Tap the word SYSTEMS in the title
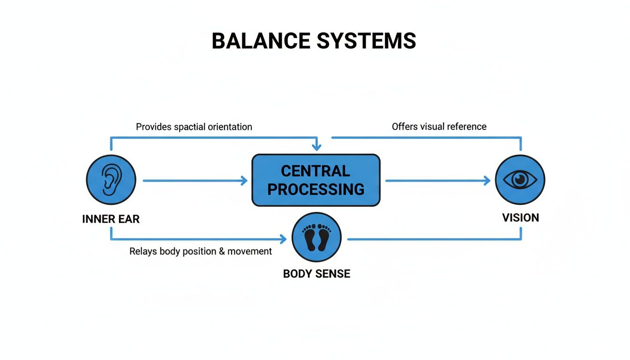pyautogui.click(x=366, y=41)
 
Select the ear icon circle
pyautogui.click(x=111, y=180)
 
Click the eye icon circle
pyautogui.click(x=520, y=180)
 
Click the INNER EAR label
pyautogui.click(x=111, y=219)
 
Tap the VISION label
pyautogui.click(x=520, y=217)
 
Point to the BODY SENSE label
pyautogui.click(x=316, y=274)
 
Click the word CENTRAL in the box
pyautogui.click(x=315, y=171)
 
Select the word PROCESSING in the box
pyautogui.click(x=315, y=189)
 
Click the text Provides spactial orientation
pyautogui.click(x=194, y=127)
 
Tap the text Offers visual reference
pyautogui.click(x=439, y=127)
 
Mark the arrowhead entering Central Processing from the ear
pyautogui.click(x=244, y=180)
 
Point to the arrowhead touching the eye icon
pyautogui.click(x=487, y=180)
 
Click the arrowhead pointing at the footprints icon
pyautogui.click(x=283, y=240)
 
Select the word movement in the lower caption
pyautogui.click(x=249, y=252)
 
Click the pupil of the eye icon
pyautogui.click(x=520, y=179)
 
